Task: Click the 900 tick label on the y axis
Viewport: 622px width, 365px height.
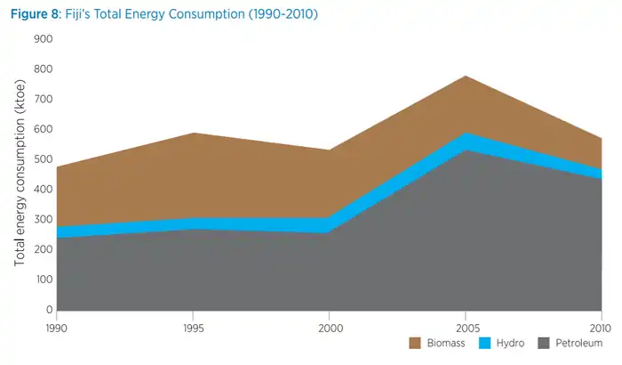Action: pyautogui.click(x=44, y=39)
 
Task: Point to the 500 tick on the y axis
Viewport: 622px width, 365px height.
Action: pyautogui.click(x=44, y=159)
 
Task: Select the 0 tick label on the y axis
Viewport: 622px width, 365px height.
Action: pyautogui.click(x=50, y=310)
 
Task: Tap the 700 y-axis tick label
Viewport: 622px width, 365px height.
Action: pyautogui.click(x=44, y=99)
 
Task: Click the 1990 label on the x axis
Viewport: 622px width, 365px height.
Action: pyautogui.click(x=57, y=326)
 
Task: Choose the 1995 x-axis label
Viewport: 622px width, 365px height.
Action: pyautogui.click(x=193, y=326)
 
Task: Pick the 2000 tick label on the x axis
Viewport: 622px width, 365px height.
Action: pyautogui.click(x=330, y=326)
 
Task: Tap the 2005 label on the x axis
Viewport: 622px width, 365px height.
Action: pyautogui.click(x=466, y=326)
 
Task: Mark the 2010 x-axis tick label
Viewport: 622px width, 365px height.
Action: pyautogui.click(x=601, y=326)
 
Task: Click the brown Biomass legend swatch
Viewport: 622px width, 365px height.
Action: pyautogui.click(x=415, y=344)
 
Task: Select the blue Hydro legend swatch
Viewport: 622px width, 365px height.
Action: pyautogui.click(x=486, y=344)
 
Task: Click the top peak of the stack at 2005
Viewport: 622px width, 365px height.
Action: pyautogui.click(x=466, y=76)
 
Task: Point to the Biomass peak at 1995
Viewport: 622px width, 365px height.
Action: pyautogui.click(x=193, y=134)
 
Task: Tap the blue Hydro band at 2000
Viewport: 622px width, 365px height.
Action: pyautogui.click(x=330, y=225)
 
